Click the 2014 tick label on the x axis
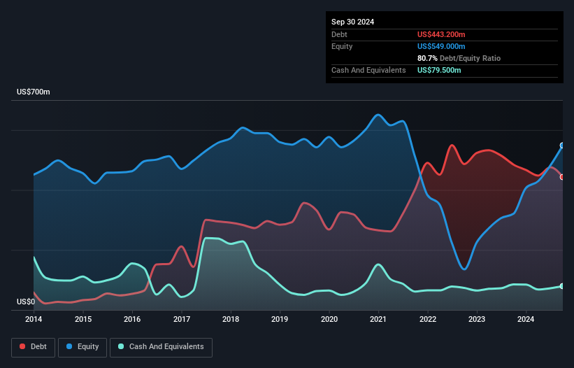34,320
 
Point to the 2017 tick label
182,320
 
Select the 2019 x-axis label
280,320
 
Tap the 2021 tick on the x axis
378,320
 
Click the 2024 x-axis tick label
526,320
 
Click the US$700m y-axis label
34,92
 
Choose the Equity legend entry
83,347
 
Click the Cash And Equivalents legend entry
161,347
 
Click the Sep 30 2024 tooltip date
352,22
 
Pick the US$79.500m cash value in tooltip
439,70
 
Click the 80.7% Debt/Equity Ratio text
459,58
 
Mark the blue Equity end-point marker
562,146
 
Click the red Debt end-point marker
562,176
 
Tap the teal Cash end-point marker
562,286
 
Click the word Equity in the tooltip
342,46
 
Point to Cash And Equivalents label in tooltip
368,70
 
